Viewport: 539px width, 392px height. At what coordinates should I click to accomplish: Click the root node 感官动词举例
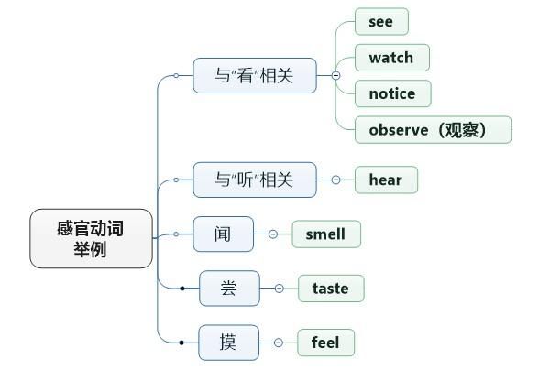pyautogui.click(x=91, y=238)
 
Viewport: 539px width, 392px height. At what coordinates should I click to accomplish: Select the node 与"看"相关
pyautogui.click(x=254, y=76)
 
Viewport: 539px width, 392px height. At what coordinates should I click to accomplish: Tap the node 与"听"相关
pyautogui.click(x=254, y=180)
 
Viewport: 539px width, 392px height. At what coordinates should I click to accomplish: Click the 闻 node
pyautogui.click(x=224, y=234)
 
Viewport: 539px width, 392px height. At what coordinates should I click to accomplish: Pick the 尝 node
pyautogui.click(x=229, y=289)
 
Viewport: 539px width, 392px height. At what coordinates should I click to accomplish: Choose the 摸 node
pyautogui.click(x=228, y=343)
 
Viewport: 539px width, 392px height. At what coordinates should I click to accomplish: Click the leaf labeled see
pyautogui.click(x=380, y=21)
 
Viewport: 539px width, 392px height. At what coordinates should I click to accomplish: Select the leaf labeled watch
pyautogui.click(x=391, y=58)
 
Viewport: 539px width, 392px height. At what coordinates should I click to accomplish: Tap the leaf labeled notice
pyautogui.click(x=392, y=93)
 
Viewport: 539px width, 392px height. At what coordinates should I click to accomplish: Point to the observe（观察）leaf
pyautogui.click(x=433, y=130)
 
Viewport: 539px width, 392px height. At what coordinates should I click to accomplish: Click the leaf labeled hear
pyautogui.click(x=385, y=180)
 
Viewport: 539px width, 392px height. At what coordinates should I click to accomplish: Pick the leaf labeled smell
pyautogui.click(x=325, y=234)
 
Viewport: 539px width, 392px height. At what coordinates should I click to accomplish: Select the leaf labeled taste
pyautogui.click(x=330, y=289)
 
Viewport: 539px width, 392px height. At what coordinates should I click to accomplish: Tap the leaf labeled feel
pyautogui.click(x=325, y=343)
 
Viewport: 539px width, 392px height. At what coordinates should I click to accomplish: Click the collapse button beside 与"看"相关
pyautogui.click(x=335, y=76)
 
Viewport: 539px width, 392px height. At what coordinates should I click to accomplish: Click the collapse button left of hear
pyautogui.click(x=335, y=180)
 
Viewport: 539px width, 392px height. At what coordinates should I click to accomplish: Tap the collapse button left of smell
pyautogui.click(x=273, y=234)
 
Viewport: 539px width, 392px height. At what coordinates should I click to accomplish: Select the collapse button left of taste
pyautogui.click(x=279, y=289)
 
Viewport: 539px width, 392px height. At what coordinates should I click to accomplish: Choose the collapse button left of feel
pyautogui.click(x=278, y=343)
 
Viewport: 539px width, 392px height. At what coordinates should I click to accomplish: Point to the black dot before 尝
pyautogui.click(x=182, y=289)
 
